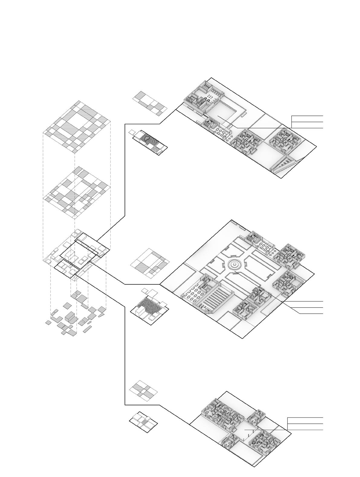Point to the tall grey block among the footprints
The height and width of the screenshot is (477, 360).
tap(71, 317)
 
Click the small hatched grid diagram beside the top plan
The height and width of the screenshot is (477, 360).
tap(150, 103)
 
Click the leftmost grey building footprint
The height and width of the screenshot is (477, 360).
tap(48, 323)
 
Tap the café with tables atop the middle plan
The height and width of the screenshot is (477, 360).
tap(264, 247)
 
